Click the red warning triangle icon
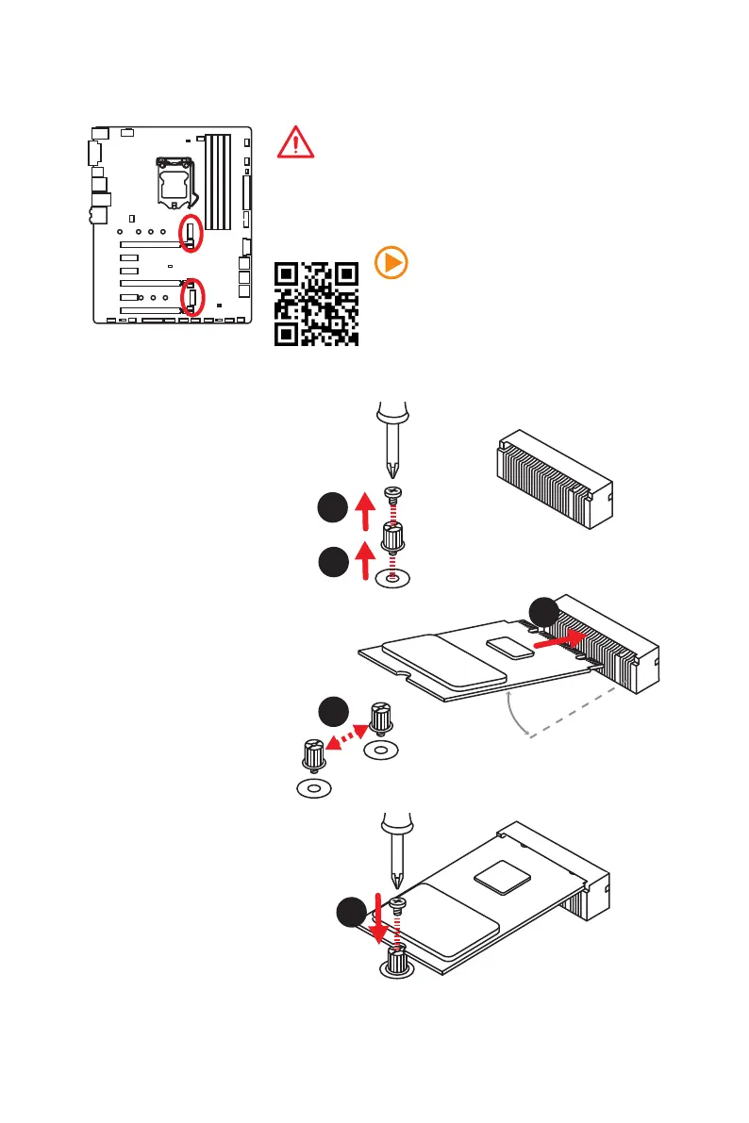295,142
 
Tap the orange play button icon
391,263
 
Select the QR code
316,304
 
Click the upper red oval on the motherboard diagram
191,233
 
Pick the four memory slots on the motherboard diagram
218,182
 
